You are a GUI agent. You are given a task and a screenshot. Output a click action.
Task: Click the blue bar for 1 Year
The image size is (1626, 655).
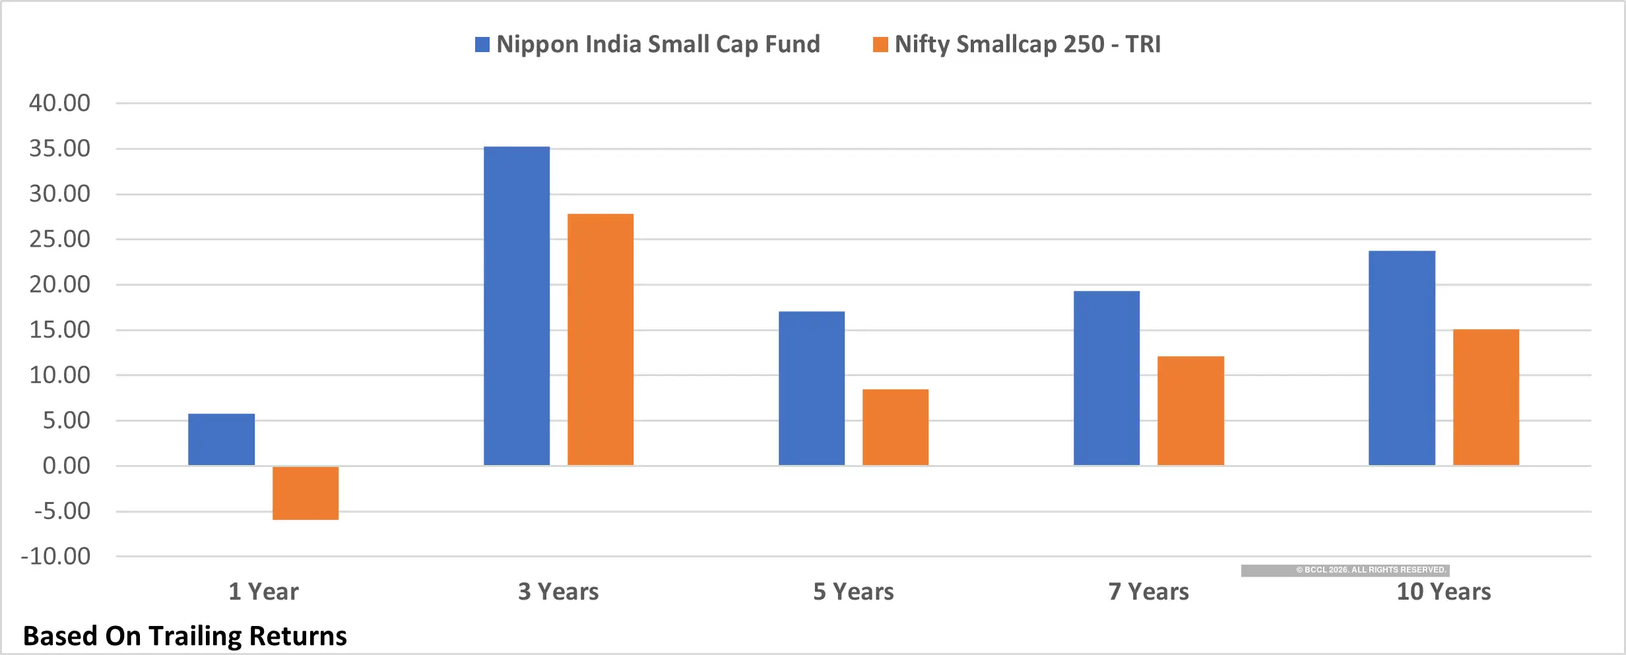coord(221,439)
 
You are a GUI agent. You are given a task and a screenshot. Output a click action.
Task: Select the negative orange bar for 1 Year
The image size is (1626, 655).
coord(306,493)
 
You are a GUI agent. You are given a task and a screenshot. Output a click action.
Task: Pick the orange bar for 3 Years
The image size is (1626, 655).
coord(601,339)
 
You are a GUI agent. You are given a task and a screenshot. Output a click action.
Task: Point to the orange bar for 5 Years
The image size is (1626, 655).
coord(895,427)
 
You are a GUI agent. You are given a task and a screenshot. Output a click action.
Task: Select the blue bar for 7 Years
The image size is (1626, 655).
coord(1106,378)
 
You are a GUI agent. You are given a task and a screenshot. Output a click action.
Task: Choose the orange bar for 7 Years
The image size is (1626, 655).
coord(1190,410)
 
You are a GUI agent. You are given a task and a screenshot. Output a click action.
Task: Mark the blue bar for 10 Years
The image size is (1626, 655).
coord(1402,358)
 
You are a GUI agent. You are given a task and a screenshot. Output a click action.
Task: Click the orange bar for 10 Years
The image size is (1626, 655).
coord(1486,397)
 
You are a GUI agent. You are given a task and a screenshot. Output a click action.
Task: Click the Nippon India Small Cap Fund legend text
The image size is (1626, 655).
coord(658,44)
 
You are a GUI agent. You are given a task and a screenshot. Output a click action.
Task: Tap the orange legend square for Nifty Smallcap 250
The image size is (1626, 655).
coord(880,44)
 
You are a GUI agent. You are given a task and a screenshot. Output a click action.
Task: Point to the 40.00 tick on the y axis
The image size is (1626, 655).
coord(59,103)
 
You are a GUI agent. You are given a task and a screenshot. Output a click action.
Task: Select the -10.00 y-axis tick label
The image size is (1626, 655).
coord(56,556)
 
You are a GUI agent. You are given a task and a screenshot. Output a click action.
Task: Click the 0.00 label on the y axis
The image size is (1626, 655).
coord(66,466)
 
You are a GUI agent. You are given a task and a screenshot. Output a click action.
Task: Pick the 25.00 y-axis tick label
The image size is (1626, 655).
coord(59,239)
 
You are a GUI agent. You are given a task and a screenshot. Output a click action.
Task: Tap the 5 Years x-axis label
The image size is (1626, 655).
coord(853,591)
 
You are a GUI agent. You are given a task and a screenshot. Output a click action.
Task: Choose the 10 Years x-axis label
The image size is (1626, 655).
coord(1443,591)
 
